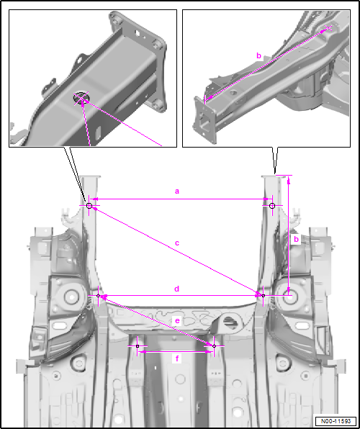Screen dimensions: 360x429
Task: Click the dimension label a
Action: (x=177, y=191)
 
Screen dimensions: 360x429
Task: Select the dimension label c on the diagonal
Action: (x=177, y=243)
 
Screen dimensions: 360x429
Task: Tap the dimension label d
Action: (x=177, y=289)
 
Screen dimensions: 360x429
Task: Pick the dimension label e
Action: (x=177, y=320)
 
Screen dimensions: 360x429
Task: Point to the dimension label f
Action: (x=177, y=358)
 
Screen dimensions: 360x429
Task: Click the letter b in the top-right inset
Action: (x=258, y=56)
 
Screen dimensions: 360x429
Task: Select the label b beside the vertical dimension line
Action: (x=296, y=239)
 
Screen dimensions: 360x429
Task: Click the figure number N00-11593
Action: (x=336, y=421)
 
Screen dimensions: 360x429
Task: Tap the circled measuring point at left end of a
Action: (x=89, y=206)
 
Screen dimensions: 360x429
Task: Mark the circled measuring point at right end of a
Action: (x=272, y=206)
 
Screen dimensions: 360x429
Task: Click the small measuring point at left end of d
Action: (x=99, y=296)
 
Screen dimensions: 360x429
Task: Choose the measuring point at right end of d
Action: (x=264, y=296)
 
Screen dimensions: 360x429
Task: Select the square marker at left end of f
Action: (x=138, y=346)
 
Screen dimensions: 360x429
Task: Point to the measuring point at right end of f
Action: (x=214, y=346)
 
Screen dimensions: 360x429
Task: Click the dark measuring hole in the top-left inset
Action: (x=81, y=98)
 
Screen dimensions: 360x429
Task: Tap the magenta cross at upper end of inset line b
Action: (x=328, y=27)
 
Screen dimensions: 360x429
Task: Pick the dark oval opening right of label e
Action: (x=230, y=322)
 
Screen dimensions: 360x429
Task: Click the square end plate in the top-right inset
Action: (x=204, y=119)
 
